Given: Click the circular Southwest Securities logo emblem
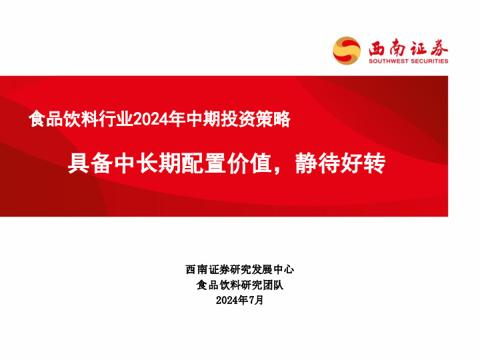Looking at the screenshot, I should [347, 50].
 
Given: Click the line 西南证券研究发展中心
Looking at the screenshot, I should [240, 270].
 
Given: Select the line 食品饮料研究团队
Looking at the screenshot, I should [240, 285].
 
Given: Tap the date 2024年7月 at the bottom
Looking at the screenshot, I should [240, 301].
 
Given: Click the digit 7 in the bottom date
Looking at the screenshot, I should [252, 301].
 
